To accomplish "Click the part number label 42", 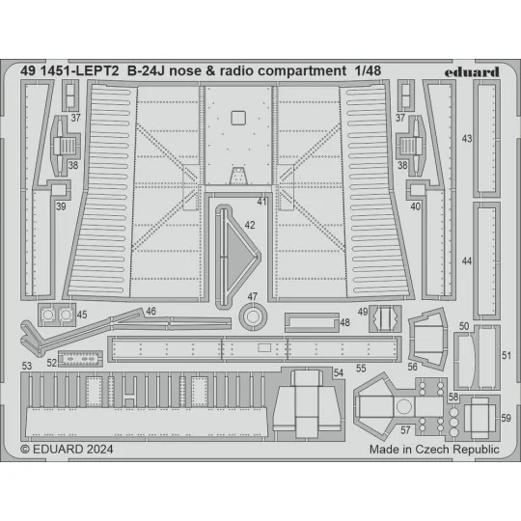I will coord(249,224).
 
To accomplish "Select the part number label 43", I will coord(467,139).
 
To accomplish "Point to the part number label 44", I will coord(467,261).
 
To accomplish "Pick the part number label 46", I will coord(151,311).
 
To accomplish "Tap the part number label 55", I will coord(361,369).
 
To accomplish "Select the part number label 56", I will coord(413,367).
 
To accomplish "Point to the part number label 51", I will coord(507,356).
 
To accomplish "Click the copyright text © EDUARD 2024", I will coord(69,450).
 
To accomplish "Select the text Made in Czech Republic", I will coord(433,450).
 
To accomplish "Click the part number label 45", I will coord(82,314).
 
